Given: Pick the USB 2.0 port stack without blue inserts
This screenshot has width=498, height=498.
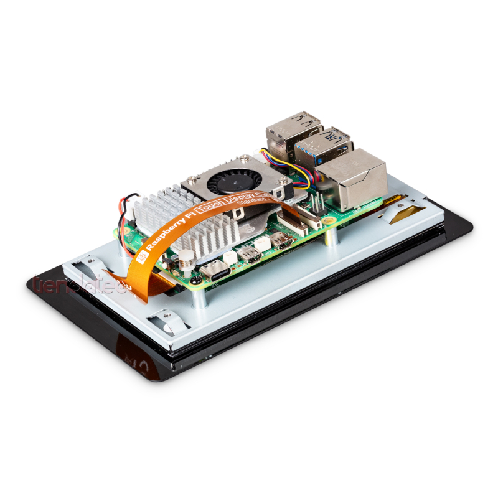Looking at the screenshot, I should coord(288,133).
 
